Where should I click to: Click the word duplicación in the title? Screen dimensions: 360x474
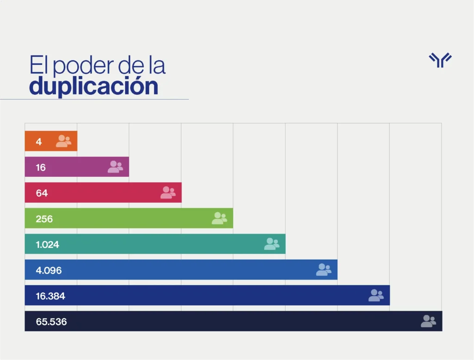(x=94, y=86)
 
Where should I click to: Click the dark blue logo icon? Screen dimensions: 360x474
(x=440, y=60)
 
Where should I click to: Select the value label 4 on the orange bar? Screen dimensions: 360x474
(x=39, y=142)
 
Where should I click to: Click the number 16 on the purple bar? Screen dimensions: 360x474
(x=41, y=168)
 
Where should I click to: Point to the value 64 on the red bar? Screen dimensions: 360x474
(x=42, y=193)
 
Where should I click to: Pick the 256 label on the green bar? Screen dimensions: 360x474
(x=44, y=219)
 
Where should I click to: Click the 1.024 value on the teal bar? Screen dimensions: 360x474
(x=48, y=244)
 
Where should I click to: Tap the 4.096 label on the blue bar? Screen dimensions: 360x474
(x=49, y=270)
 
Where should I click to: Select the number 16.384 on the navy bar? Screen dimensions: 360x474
(x=50, y=296)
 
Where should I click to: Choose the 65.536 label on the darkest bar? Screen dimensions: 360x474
(x=51, y=322)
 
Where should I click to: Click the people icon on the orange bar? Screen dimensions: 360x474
(x=63, y=141)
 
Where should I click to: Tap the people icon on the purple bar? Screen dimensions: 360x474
(x=115, y=167)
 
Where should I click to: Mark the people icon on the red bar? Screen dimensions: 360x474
(x=168, y=192)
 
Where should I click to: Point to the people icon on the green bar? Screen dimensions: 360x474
(x=219, y=218)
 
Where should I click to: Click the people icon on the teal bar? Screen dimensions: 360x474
(x=272, y=244)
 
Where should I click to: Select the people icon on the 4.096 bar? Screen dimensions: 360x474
(x=324, y=270)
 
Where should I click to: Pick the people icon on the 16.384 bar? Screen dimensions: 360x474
(x=376, y=295)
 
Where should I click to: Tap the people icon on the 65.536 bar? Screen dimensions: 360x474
(x=428, y=321)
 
